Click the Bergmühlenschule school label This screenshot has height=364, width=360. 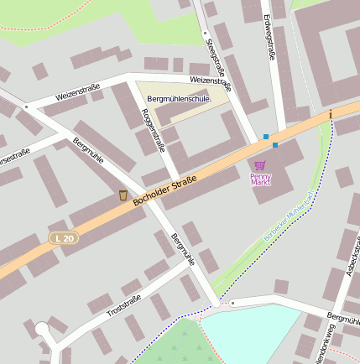pyautogui.click(x=178, y=99)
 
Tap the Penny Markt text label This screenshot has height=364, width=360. pyautogui.click(x=261, y=179)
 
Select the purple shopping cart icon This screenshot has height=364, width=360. pyautogui.click(x=260, y=165)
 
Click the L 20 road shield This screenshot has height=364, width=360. pyautogui.click(x=63, y=238)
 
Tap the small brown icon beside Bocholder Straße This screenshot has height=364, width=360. pyautogui.click(x=123, y=195)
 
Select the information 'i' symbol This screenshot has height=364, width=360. pyautogui.click(x=331, y=113)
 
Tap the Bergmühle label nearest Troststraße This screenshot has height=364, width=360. pyautogui.click(x=183, y=249)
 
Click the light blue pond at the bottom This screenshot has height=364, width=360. pyautogui.click(x=252, y=335)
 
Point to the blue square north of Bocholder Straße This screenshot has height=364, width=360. pyautogui.click(x=266, y=136)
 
